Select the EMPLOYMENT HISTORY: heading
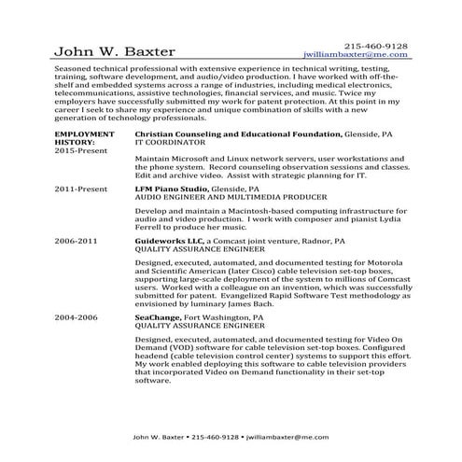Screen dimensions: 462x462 tap(85, 113)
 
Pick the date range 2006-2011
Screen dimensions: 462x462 tap(76, 240)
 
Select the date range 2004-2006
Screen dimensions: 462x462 tap(76, 317)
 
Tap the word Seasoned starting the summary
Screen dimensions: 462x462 tap(76, 70)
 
